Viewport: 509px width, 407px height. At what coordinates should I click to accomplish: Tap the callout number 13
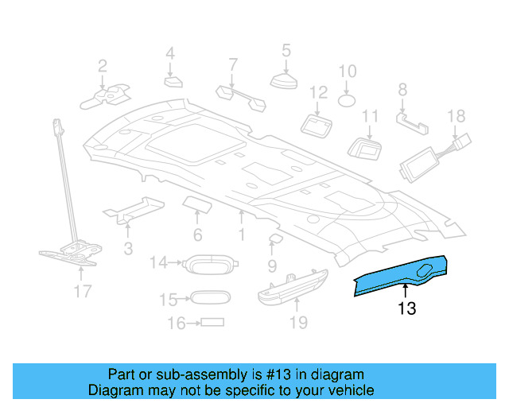click(406, 308)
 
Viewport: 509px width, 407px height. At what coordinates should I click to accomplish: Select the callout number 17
click(82, 292)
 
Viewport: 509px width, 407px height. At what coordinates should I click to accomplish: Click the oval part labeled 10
click(348, 100)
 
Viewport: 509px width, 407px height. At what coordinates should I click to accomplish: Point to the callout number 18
click(456, 116)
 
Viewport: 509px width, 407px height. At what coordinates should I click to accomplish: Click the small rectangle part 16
click(212, 323)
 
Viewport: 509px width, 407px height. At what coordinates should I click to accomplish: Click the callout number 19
click(297, 323)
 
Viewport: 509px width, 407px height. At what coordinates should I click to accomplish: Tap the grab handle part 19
click(292, 285)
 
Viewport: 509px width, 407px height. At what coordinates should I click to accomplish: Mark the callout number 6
click(197, 235)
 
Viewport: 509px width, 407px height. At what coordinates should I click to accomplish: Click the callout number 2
click(103, 65)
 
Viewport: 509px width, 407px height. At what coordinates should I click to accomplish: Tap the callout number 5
click(286, 52)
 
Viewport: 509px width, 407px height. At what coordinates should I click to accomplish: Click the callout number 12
click(318, 92)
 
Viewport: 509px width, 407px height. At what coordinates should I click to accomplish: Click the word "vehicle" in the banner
click(346, 390)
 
